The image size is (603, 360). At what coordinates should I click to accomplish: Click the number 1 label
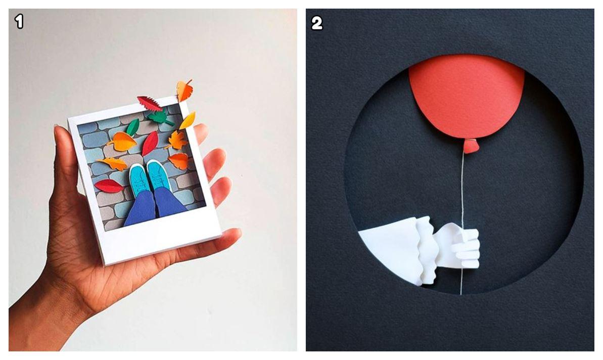click(19, 22)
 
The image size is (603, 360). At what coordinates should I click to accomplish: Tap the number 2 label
click(316, 23)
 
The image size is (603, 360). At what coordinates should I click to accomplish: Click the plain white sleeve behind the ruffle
click(388, 250)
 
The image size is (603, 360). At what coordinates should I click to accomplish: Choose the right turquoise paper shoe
click(158, 175)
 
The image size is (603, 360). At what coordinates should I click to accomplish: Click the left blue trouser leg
click(139, 210)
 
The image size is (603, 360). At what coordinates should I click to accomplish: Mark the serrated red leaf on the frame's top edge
click(150, 103)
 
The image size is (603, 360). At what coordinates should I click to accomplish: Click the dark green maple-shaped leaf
click(161, 117)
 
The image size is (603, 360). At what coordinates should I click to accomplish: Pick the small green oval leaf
click(132, 127)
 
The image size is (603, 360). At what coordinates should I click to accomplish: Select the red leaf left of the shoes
click(109, 186)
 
